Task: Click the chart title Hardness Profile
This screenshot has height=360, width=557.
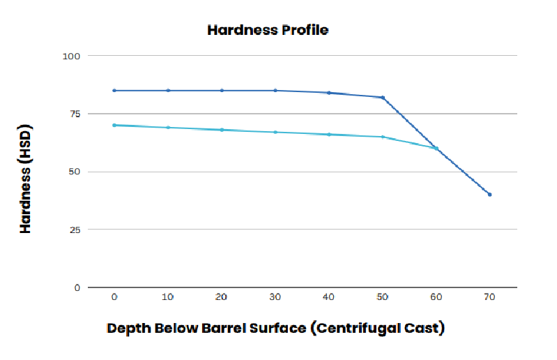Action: click(x=268, y=30)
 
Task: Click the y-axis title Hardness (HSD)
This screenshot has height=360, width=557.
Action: click(x=26, y=179)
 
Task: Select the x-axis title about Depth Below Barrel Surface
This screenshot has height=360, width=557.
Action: click(x=275, y=328)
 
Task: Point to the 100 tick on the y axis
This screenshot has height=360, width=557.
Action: click(x=73, y=55)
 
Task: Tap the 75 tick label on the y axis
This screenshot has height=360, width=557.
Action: click(x=75, y=113)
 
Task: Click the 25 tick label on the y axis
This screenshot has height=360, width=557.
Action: click(x=75, y=230)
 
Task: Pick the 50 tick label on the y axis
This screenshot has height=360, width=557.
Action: click(x=75, y=172)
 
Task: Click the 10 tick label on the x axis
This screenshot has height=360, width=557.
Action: click(x=168, y=297)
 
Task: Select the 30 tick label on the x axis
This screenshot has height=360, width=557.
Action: click(x=275, y=297)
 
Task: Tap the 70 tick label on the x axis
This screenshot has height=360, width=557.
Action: click(x=489, y=297)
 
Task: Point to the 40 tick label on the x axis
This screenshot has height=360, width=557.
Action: click(x=329, y=297)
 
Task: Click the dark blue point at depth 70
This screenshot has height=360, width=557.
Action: click(x=490, y=195)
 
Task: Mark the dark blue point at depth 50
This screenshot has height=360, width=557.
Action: click(x=383, y=97)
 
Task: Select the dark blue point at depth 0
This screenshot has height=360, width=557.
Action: click(x=114, y=90)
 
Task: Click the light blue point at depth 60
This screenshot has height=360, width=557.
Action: click(x=436, y=148)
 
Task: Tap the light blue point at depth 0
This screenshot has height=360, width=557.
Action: click(x=114, y=125)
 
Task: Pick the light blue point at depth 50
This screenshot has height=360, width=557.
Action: click(x=383, y=137)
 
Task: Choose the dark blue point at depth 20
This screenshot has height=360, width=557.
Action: click(x=222, y=90)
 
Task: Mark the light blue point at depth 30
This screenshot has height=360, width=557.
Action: click(x=275, y=132)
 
